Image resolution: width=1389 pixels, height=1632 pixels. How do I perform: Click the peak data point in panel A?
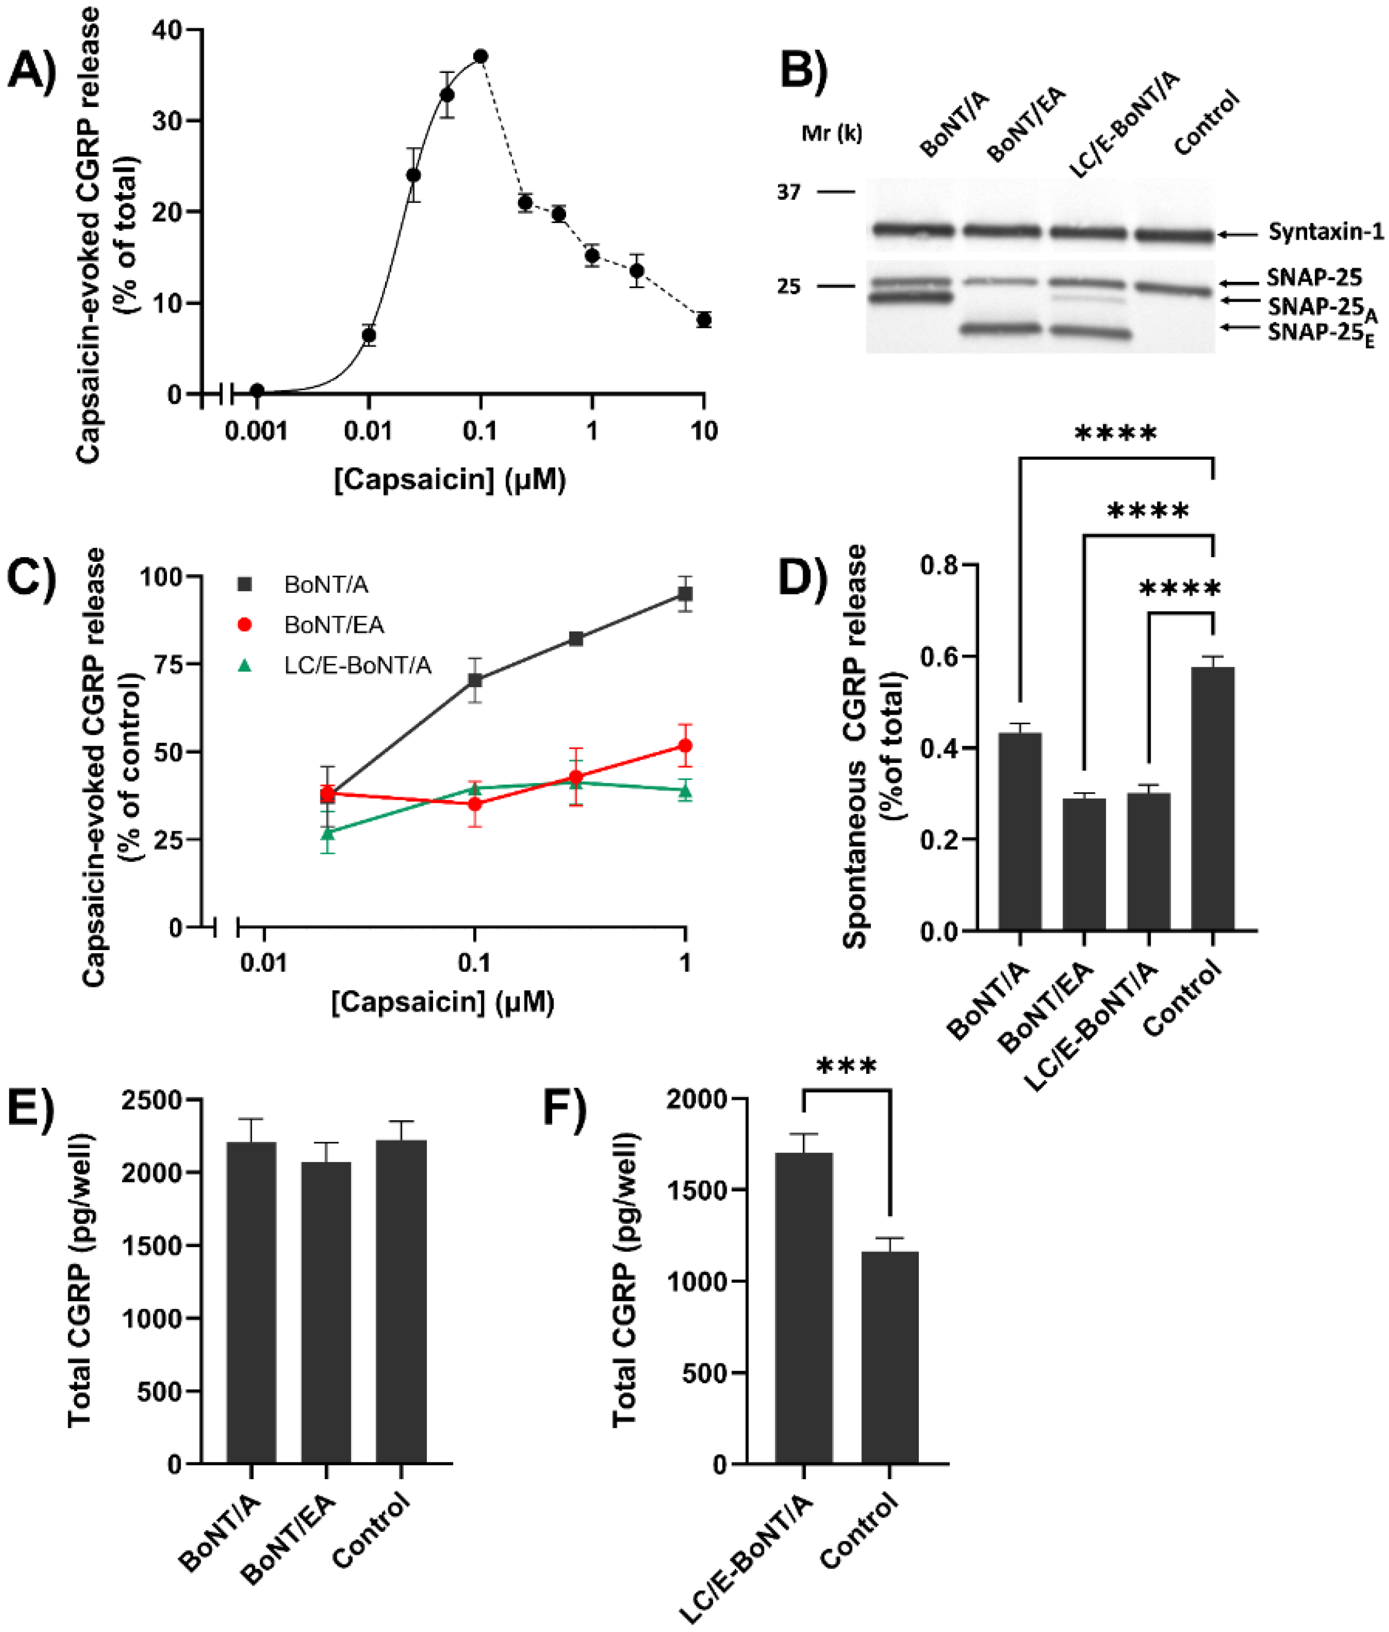tap(481, 57)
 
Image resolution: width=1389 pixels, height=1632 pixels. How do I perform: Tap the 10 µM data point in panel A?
tap(703, 320)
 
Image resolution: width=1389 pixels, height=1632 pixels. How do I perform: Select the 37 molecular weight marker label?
tap(788, 192)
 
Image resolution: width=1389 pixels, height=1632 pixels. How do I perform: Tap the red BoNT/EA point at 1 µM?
tap(685, 746)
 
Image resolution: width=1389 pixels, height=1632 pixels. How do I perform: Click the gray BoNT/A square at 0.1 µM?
tap(475, 679)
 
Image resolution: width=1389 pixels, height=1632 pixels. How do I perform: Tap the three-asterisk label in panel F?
tap(846, 1069)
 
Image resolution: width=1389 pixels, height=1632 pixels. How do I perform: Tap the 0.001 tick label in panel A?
tap(256, 431)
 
